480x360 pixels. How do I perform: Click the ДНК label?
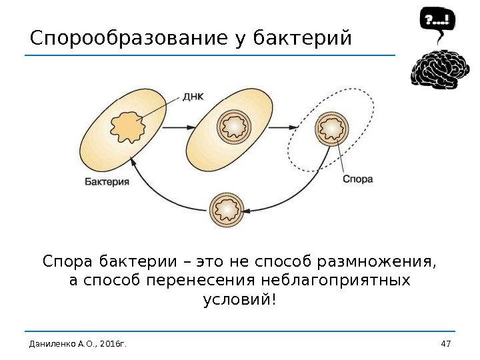click(193, 96)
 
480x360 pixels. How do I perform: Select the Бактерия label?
click(107, 181)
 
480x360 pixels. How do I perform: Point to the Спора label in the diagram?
click(357, 179)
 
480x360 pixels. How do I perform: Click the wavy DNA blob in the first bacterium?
click(128, 126)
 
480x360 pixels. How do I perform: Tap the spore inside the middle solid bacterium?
click(234, 125)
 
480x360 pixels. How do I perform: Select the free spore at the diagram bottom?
click(226, 210)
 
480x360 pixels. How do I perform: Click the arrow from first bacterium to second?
click(175, 127)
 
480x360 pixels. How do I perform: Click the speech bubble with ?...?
click(436, 21)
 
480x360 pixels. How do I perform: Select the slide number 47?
click(446, 343)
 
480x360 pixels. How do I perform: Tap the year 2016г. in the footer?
click(112, 343)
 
